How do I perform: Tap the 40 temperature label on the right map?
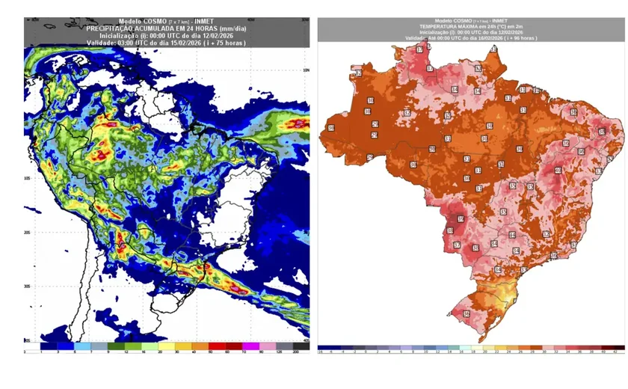click(x=557, y=171)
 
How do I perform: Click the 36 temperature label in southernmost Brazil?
click(x=467, y=314)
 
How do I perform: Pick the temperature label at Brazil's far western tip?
click(x=330, y=128)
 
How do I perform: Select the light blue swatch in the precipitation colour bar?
click(x=80, y=346)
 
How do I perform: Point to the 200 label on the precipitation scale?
click(x=296, y=352)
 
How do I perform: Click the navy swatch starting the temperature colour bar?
click(x=322, y=348)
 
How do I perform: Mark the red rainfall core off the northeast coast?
click(x=298, y=123)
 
